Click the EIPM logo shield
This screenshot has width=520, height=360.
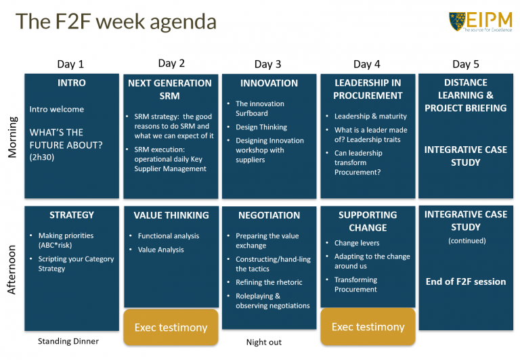(x=457, y=21)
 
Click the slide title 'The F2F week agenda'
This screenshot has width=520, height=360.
(x=116, y=22)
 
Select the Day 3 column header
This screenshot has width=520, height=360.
(x=268, y=64)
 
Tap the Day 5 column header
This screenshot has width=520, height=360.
(x=465, y=64)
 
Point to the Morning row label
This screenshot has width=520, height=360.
(x=12, y=136)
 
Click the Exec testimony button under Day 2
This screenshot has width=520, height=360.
(x=171, y=328)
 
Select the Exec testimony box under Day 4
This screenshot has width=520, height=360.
(x=368, y=327)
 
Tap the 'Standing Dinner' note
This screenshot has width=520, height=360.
(x=68, y=342)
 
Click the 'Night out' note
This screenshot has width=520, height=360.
(x=264, y=342)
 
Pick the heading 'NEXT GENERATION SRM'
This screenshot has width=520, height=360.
(x=170, y=89)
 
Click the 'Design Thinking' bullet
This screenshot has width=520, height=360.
(x=261, y=127)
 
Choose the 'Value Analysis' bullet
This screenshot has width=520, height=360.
(x=160, y=250)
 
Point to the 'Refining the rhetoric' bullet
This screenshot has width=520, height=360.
(x=269, y=282)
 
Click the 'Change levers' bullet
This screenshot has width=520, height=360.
(x=357, y=243)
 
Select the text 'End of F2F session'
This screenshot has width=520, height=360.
(x=466, y=282)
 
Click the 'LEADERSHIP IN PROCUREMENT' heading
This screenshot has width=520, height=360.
(x=368, y=89)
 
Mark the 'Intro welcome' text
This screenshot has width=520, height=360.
(x=57, y=109)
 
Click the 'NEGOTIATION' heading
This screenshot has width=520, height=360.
(x=269, y=215)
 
